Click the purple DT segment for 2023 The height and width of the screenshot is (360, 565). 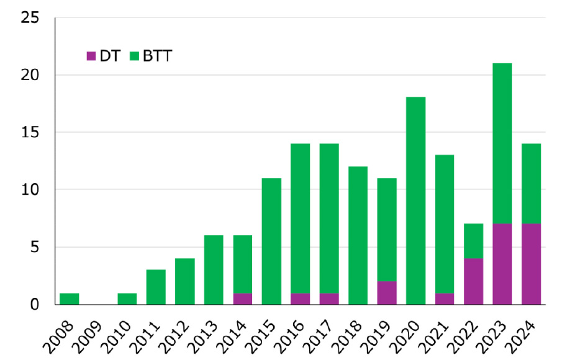(502, 264)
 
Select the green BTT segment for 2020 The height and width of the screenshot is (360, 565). (415, 200)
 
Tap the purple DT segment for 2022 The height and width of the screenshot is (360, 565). (473, 281)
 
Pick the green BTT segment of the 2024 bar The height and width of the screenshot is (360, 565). (531, 184)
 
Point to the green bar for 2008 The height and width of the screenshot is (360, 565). (70, 299)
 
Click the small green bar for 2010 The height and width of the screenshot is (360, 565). (127, 299)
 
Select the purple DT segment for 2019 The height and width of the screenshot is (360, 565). (387, 292)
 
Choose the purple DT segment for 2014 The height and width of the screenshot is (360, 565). (243, 299)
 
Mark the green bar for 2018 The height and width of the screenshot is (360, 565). (358, 235)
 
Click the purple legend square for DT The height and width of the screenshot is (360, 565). (91, 56)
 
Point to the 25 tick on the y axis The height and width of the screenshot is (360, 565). (30, 18)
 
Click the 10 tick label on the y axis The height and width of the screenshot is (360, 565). (30, 190)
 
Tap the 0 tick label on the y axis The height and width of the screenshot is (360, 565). (35, 305)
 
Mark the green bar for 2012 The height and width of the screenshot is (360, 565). (185, 281)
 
